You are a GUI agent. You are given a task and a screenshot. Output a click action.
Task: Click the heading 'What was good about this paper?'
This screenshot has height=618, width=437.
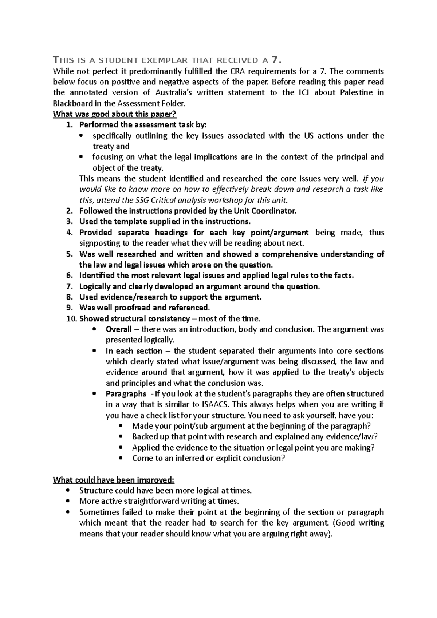click(115, 114)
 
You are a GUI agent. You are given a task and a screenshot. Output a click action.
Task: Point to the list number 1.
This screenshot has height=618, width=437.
click(69, 125)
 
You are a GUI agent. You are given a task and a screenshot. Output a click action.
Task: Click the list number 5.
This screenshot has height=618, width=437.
click(69, 254)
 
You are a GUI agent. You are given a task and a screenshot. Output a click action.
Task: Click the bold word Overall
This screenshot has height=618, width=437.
click(119, 329)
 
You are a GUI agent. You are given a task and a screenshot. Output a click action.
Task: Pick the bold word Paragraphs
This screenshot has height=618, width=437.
click(126, 394)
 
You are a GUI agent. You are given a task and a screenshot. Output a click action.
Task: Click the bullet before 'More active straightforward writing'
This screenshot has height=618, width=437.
click(68, 501)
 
